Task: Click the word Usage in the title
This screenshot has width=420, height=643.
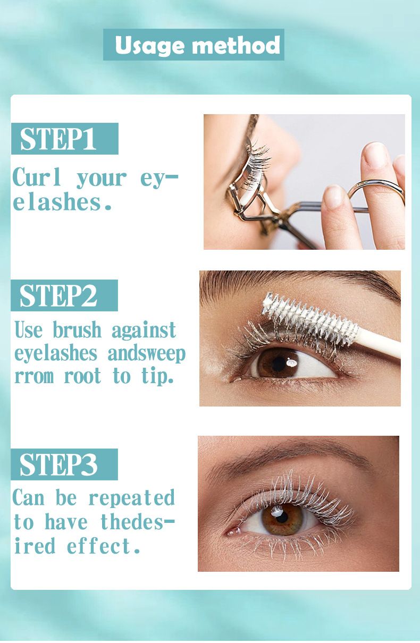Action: pyautogui.click(x=150, y=45)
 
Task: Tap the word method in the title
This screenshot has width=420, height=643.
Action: pyautogui.click(x=236, y=45)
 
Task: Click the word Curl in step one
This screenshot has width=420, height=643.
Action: pyautogui.click(x=37, y=177)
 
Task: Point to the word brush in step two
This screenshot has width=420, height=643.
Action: pyautogui.click(x=77, y=329)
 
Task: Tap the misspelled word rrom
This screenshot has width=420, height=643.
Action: pyautogui.click(x=34, y=376)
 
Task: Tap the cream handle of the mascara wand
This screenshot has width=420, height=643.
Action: pyautogui.click(x=379, y=343)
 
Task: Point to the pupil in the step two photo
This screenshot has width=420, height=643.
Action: pyautogui.click(x=279, y=364)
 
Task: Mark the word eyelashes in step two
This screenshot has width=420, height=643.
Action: pyautogui.click(x=56, y=354)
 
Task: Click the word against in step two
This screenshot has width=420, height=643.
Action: pyautogui.click(x=144, y=331)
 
